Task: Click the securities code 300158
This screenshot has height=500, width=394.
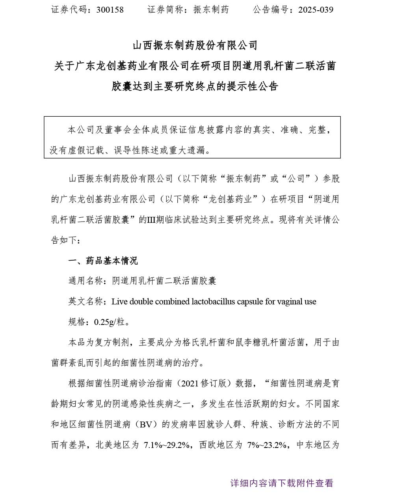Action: pyautogui.click(x=110, y=9)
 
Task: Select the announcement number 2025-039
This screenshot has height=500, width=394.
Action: pyautogui.click(x=316, y=9)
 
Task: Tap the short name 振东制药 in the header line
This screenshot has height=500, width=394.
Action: pyautogui.click(x=211, y=9)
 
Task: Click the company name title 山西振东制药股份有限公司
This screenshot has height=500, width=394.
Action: pyautogui.click(x=195, y=45)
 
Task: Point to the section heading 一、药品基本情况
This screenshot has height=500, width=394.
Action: pyautogui.click(x=103, y=260)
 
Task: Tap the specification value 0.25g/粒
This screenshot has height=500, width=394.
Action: pyautogui.click(x=109, y=322)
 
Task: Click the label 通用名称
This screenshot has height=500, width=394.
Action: pyautogui.click(x=85, y=281)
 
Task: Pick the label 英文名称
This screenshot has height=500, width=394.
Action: pyautogui.click(x=85, y=302)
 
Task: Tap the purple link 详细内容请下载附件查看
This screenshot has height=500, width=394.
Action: pyautogui.click(x=282, y=483)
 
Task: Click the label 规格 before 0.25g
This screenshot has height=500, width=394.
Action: pyautogui.click(x=77, y=322)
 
